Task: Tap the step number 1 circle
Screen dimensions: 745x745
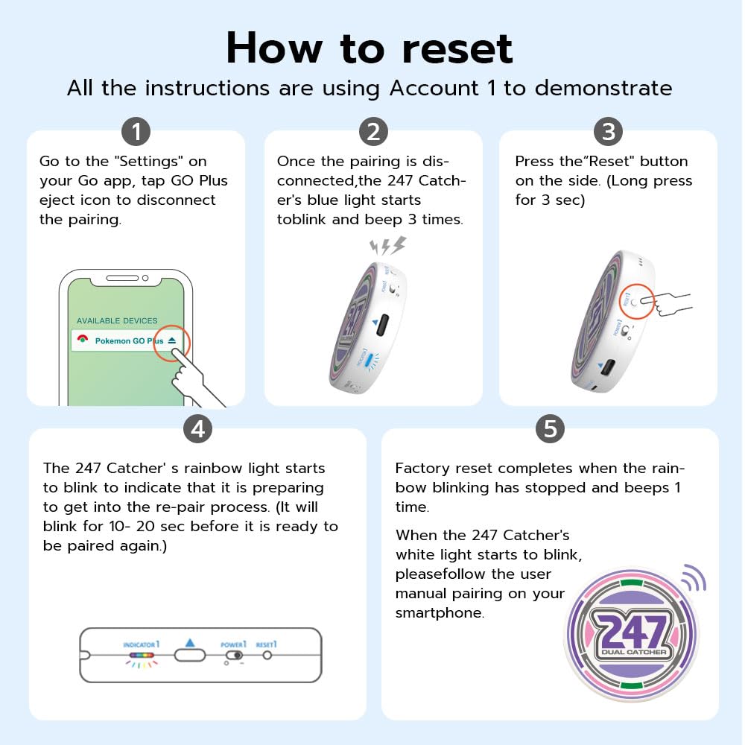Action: [136, 132]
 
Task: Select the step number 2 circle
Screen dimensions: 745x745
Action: [373, 132]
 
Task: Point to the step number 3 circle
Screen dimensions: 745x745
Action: [608, 132]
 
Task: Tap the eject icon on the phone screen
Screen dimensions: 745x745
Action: [173, 340]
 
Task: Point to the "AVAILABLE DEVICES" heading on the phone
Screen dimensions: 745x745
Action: [117, 320]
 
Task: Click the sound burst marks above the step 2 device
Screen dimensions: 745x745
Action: [387, 247]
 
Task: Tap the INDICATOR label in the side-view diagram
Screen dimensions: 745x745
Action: [142, 644]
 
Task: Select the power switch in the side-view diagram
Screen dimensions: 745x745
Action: [234, 656]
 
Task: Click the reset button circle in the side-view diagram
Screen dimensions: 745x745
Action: [267, 656]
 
